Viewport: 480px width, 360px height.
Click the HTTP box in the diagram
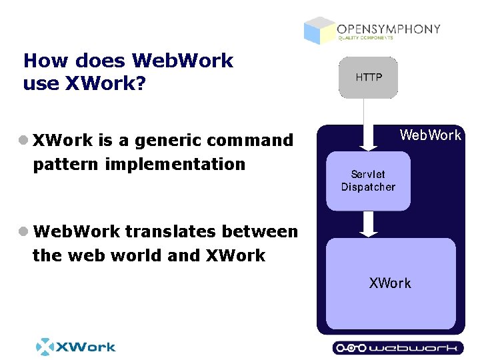368,78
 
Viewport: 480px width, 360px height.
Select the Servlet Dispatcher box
368,181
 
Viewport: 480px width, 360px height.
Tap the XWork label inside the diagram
390,283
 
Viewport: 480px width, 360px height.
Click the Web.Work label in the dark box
430,135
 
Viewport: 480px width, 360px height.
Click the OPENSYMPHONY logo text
388,29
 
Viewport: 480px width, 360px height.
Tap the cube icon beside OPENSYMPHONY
319,30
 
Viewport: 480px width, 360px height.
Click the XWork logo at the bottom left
75,347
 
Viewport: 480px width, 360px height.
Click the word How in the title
46,61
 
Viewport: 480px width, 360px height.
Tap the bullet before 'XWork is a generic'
24,140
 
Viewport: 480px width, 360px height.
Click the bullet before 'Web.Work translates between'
24,231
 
